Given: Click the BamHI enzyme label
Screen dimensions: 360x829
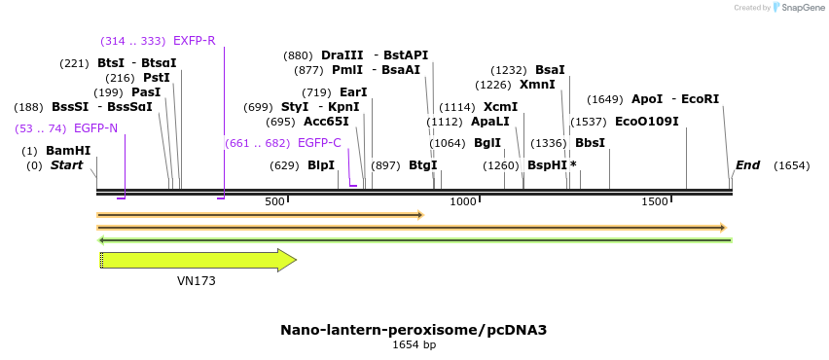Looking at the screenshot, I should [67, 151].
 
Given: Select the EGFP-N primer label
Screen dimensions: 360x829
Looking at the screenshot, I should [95, 128].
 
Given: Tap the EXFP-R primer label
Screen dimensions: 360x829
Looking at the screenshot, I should [194, 41].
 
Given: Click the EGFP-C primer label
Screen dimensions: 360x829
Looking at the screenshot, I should [319, 143].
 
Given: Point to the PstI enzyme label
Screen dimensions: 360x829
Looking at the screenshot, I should [157, 78].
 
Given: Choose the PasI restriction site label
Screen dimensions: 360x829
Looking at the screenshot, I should [146, 92].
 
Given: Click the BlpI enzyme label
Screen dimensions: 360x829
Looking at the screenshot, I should [321, 165].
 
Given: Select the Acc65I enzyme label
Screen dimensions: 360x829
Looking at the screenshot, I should [326, 122].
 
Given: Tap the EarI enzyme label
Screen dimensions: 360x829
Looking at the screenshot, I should [353, 92].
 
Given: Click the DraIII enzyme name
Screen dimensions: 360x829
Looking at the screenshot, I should [342, 55].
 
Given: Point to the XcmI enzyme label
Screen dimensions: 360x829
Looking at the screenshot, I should [500, 107].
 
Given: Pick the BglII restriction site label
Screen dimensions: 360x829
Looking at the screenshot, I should [487, 143].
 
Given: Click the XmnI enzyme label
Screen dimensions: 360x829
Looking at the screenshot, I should [537, 85].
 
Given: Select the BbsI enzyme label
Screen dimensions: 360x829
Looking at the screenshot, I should [590, 143].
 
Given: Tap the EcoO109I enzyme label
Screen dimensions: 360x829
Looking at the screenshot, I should [646, 122].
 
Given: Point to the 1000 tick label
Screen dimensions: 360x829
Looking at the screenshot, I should [463, 201].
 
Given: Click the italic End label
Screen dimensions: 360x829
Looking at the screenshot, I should [747, 165].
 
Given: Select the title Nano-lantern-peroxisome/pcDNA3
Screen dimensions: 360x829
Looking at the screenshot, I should [414, 330].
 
